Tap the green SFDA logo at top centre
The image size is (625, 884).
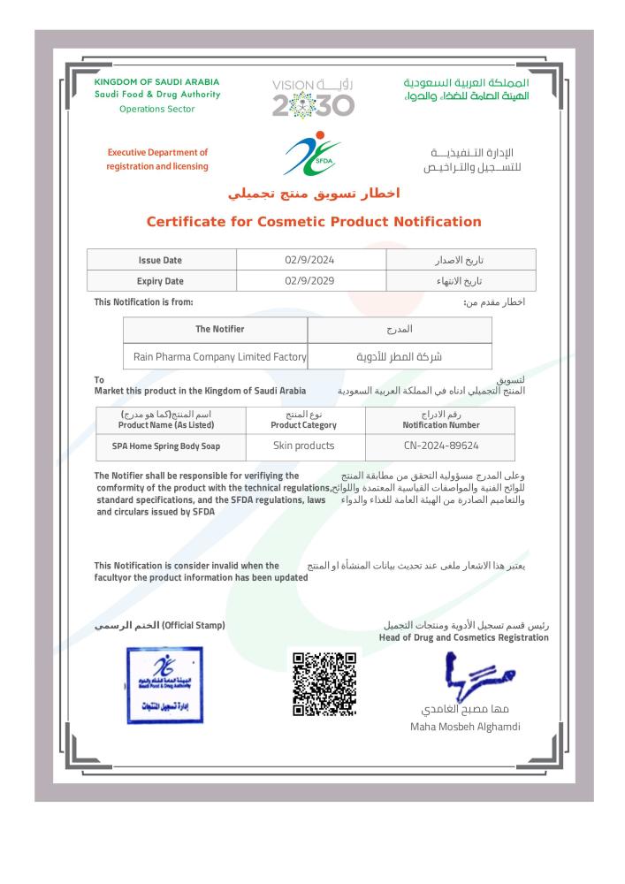310,154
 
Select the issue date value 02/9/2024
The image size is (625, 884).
311,259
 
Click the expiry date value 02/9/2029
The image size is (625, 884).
311,281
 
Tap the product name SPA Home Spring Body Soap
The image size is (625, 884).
166,447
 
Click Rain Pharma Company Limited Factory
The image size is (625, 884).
215,357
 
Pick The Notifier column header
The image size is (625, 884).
215,329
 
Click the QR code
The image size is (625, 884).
324,684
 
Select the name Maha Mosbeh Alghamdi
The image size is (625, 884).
466,727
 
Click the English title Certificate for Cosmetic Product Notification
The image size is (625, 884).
313,222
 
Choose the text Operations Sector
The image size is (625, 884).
157,109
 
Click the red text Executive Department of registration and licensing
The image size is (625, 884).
157,159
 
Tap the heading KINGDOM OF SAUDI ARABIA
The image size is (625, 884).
156,82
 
